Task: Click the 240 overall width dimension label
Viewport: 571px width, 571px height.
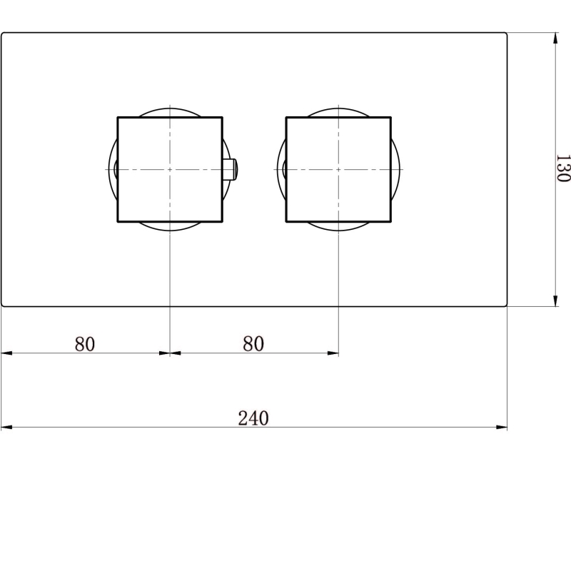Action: (253, 418)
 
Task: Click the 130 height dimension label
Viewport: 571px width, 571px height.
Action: (563, 168)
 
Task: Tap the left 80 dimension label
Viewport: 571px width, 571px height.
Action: (85, 344)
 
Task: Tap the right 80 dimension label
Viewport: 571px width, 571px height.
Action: (253, 343)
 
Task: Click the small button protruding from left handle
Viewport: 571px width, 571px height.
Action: (230, 169)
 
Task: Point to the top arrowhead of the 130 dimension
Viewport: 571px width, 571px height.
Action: (555, 39)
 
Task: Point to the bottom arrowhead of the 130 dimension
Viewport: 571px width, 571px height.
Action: (555, 300)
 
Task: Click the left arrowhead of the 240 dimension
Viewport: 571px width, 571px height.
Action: (7, 427)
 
